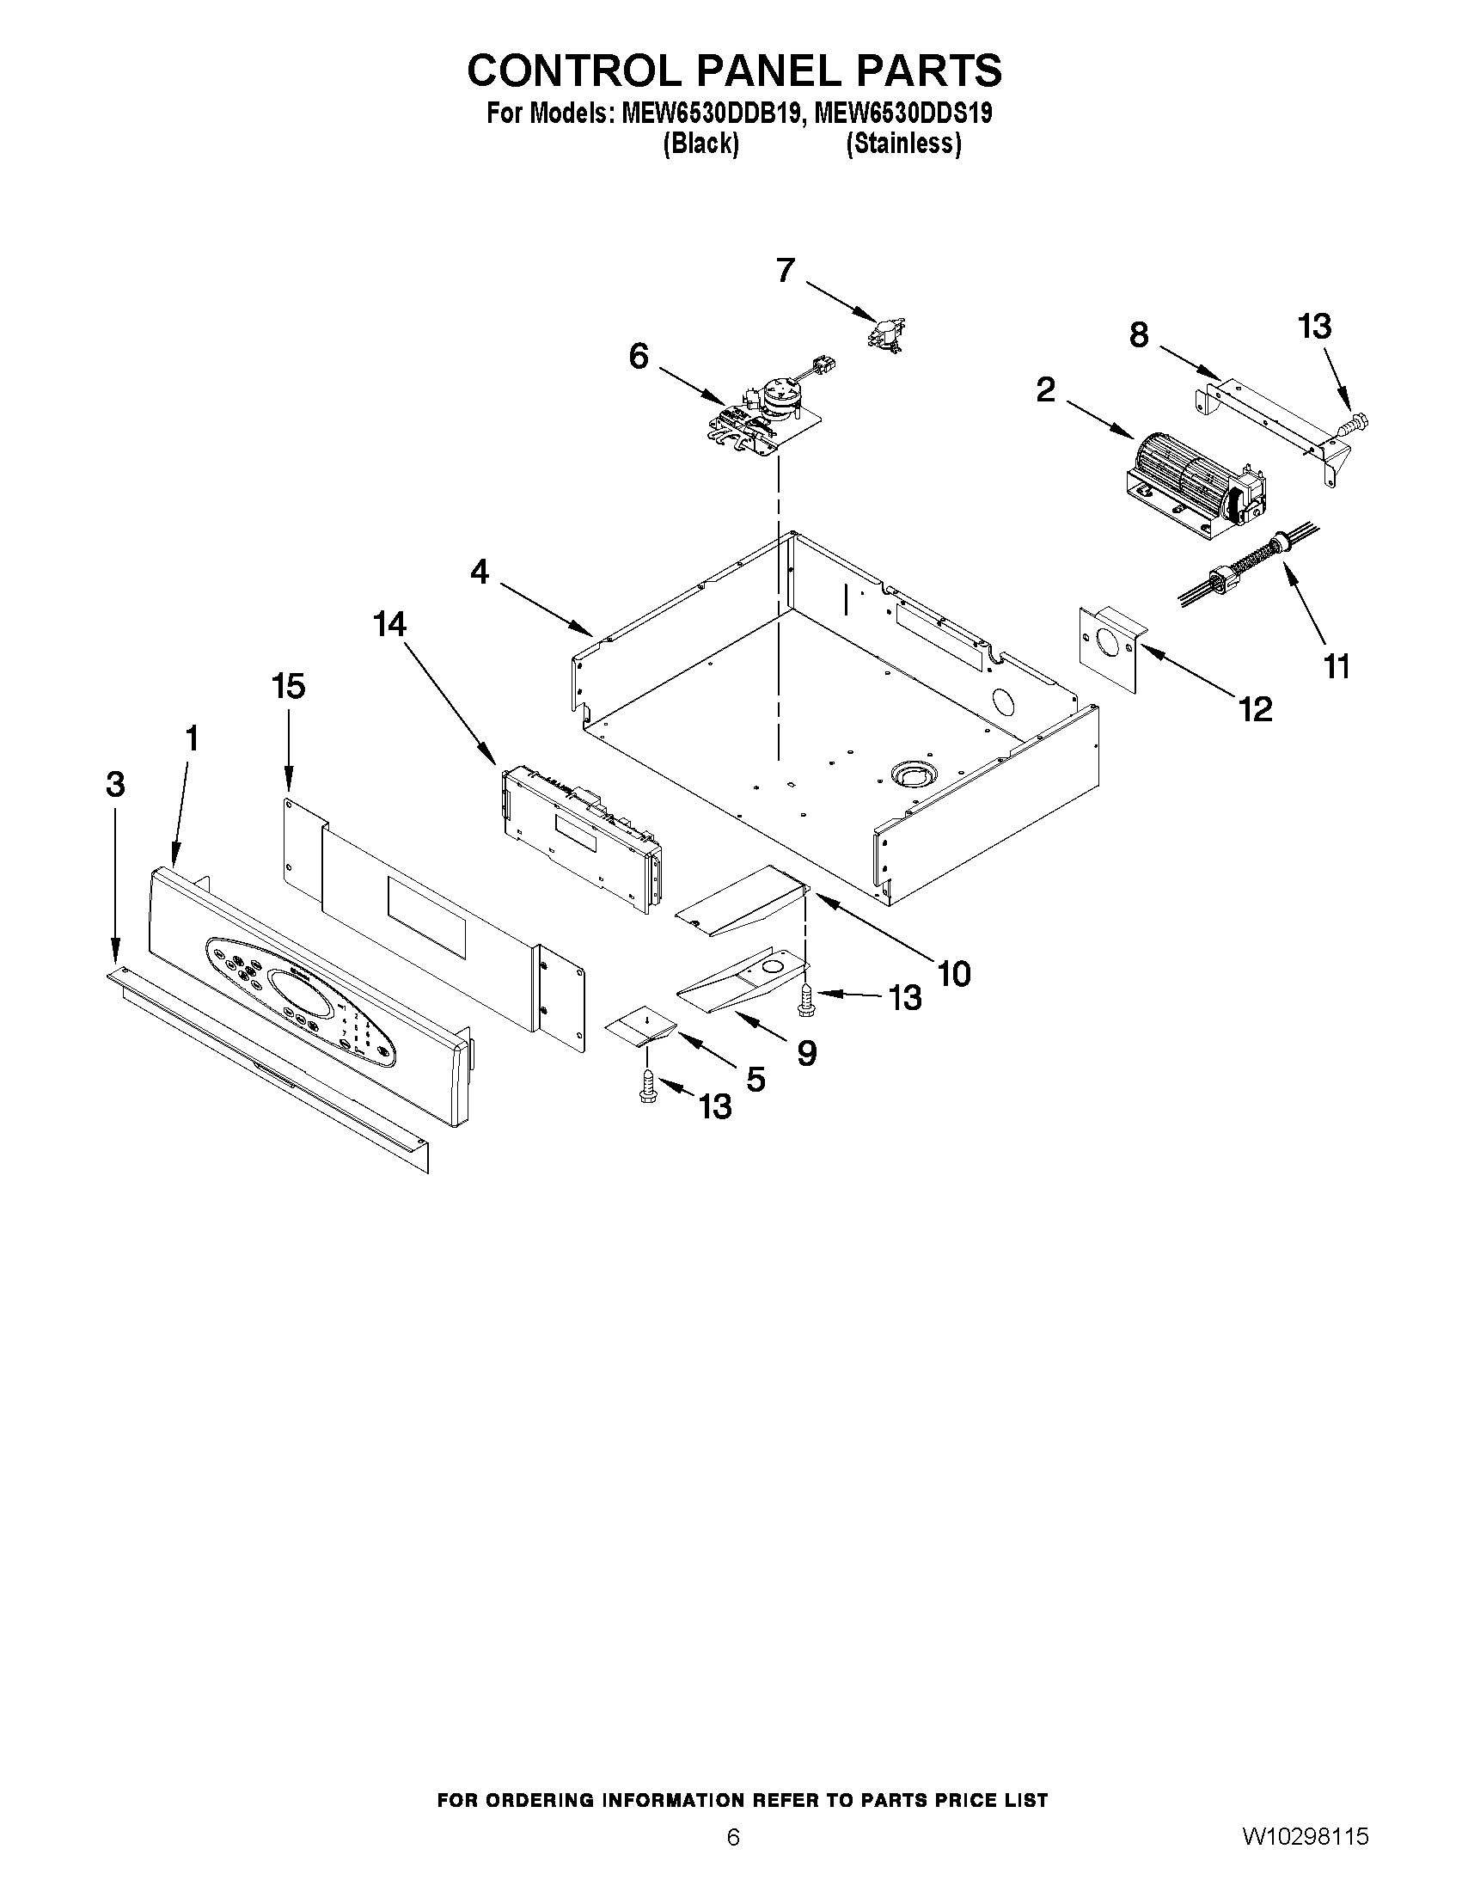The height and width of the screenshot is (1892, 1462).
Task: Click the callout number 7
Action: pyautogui.click(x=785, y=270)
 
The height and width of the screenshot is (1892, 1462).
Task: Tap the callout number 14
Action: pyautogui.click(x=389, y=624)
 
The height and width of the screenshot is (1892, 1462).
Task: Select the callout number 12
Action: pyautogui.click(x=1255, y=709)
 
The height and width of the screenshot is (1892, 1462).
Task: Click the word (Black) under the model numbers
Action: pyautogui.click(x=700, y=144)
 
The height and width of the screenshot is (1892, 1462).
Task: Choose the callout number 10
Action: pyautogui.click(x=953, y=974)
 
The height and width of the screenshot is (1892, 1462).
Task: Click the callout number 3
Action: pyautogui.click(x=115, y=784)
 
